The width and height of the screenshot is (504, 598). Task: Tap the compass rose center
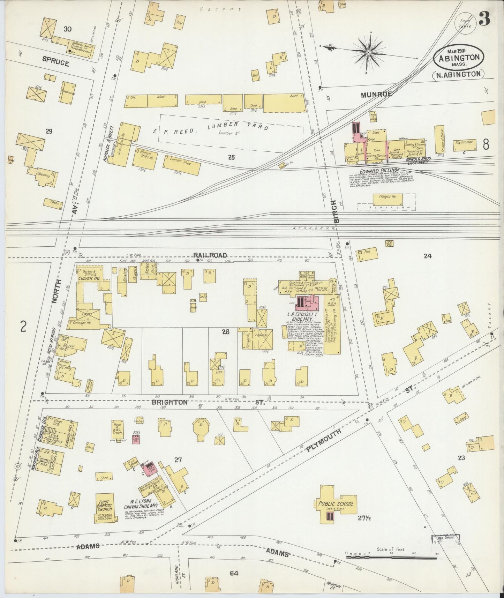pyautogui.click(x=368, y=52)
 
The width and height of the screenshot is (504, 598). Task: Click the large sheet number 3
pyautogui.click(x=484, y=20)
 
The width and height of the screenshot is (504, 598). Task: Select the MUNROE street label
pyautogui.click(x=377, y=94)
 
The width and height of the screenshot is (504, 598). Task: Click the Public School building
pyautogui.click(x=335, y=504)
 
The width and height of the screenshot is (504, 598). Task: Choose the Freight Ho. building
pyautogui.click(x=388, y=199)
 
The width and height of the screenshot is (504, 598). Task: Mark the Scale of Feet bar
pyautogui.click(x=391, y=558)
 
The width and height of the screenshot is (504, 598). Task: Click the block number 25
pyautogui.click(x=231, y=157)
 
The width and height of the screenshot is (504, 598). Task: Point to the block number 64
pyautogui.click(x=234, y=573)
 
